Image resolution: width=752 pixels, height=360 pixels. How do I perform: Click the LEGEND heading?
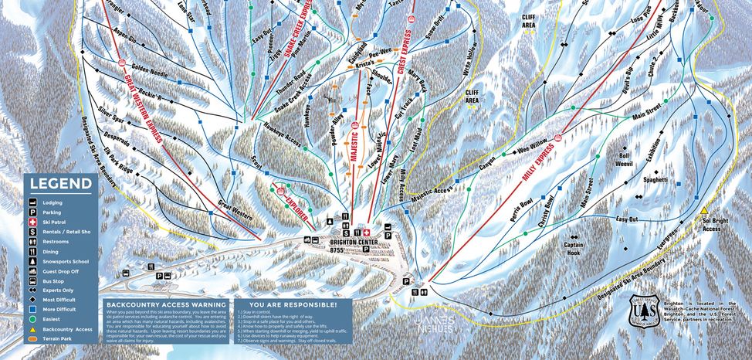pos(59,184)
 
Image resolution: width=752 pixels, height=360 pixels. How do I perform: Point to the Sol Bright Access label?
pos(712,224)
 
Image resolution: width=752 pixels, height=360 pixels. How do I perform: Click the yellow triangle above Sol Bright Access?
pos(704,210)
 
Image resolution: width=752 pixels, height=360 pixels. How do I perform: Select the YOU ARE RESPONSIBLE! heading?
pos(274,304)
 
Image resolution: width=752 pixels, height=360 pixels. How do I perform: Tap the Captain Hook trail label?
pos(574,248)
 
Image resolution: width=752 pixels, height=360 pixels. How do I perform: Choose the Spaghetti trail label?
pos(655,179)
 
